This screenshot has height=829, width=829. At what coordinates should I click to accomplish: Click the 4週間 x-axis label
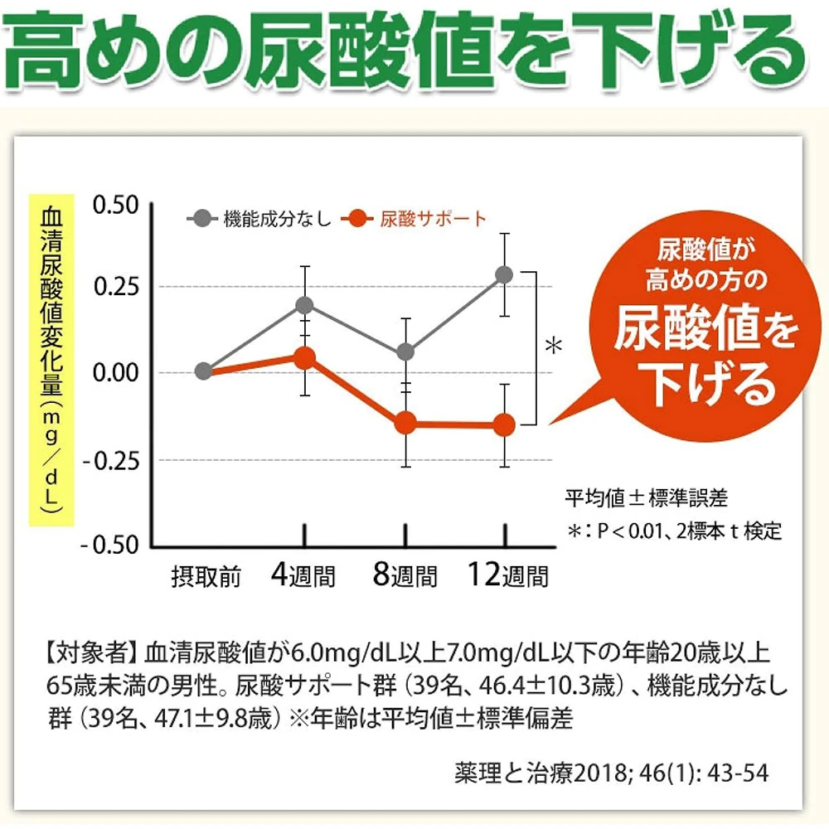303,574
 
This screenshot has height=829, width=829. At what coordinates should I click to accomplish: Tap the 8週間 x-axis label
405,574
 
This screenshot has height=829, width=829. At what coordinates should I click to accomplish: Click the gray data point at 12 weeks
504,274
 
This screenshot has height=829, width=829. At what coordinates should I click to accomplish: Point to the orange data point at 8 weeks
405,424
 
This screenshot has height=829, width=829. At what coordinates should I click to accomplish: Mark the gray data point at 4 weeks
304,304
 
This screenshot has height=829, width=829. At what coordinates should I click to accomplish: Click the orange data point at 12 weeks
504,425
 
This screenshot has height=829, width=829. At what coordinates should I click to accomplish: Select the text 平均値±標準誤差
646,498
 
